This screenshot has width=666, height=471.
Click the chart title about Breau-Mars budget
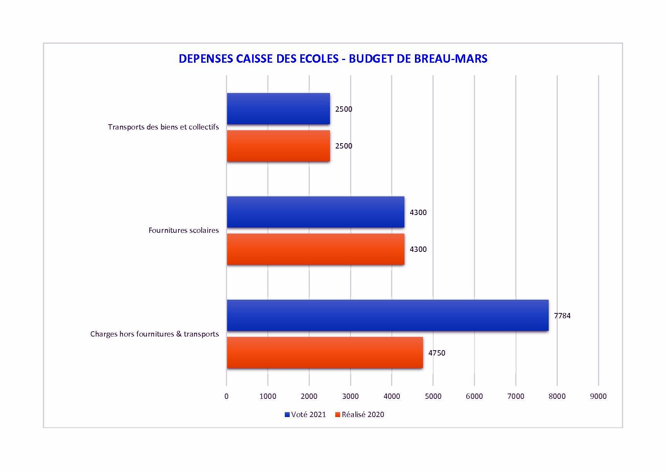point(333,58)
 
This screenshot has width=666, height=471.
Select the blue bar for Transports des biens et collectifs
point(278,109)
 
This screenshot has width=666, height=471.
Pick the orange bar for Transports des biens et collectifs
point(278,146)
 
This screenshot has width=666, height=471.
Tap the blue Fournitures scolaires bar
point(316,212)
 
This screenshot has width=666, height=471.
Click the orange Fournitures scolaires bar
point(316,249)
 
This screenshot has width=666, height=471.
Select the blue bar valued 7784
point(388,315)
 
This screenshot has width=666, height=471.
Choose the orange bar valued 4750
point(325,352)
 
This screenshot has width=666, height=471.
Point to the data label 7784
point(562,316)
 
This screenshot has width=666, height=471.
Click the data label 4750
point(437,353)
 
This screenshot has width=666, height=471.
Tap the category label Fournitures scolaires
point(183,230)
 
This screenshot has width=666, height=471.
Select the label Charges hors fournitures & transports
point(155,334)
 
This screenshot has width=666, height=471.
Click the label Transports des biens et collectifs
point(163,127)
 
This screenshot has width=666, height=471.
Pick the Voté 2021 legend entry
point(305,414)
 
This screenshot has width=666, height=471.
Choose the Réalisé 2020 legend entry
point(360,414)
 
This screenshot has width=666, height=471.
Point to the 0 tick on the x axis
point(227,396)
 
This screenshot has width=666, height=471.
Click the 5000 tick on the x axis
point(433,396)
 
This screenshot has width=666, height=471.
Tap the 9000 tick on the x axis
point(598,396)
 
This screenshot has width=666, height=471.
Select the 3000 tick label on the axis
point(350,396)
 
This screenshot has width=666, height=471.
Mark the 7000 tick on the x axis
point(516,396)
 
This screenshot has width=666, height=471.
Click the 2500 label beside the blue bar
point(344,109)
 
